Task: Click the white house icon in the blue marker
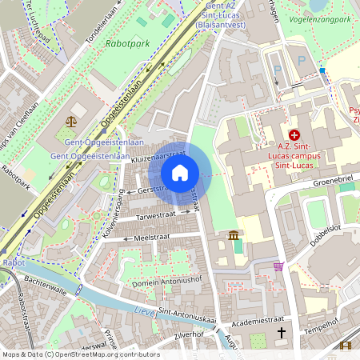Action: click(x=180, y=172)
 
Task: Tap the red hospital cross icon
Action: click(x=294, y=136)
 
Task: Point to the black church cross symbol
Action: click(x=281, y=332)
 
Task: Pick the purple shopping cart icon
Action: click(x=278, y=266)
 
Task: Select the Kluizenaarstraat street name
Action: click(x=158, y=159)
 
